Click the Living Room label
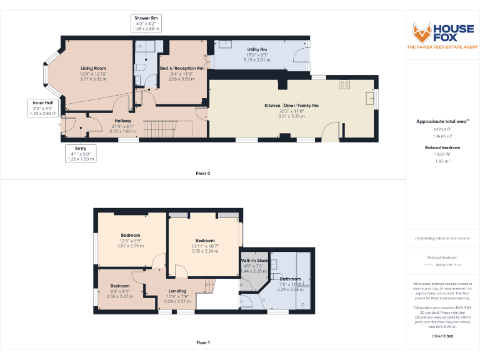(x=93, y=68)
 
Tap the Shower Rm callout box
(x=145, y=23)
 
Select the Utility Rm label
(x=257, y=49)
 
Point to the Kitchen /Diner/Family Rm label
(x=291, y=106)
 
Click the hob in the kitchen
(x=344, y=84)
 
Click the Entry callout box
(x=81, y=154)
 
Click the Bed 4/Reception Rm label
(x=181, y=68)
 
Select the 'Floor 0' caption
(x=202, y=173)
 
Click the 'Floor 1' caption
(x=202, y=342)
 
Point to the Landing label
(x=177, y=290)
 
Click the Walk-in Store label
(x=254, y=260)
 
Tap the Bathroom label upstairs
(x=290, y=279)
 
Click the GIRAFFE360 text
(x=442, y=336)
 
